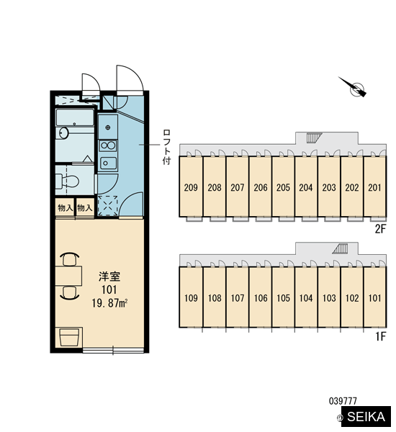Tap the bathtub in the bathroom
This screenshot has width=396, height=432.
coord(75,117)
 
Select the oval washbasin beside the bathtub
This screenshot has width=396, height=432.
coord(64,133)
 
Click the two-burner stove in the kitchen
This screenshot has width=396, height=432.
coord(108,145)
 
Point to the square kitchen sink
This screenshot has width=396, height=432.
coord(108,163)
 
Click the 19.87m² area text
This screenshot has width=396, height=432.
coord(109,303)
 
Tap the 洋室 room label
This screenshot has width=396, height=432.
coord(109,276)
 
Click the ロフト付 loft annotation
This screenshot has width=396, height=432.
coord(166,147)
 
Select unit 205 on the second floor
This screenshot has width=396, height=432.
coord(283,188)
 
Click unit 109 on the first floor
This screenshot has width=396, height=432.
coord(191,298)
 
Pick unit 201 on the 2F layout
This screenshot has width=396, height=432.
coord(375,188)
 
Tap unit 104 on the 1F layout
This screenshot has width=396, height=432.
coord(306,298)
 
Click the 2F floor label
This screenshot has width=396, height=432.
coord(381,229)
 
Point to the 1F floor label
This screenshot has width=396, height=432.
coord(381,336)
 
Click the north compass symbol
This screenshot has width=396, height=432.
coord(354,87)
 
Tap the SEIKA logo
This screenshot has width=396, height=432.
coord(366,416)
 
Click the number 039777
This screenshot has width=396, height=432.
coord(343,401)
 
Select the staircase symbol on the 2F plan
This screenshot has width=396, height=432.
coord(314,138)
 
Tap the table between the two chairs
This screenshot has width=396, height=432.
coord(68,276)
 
